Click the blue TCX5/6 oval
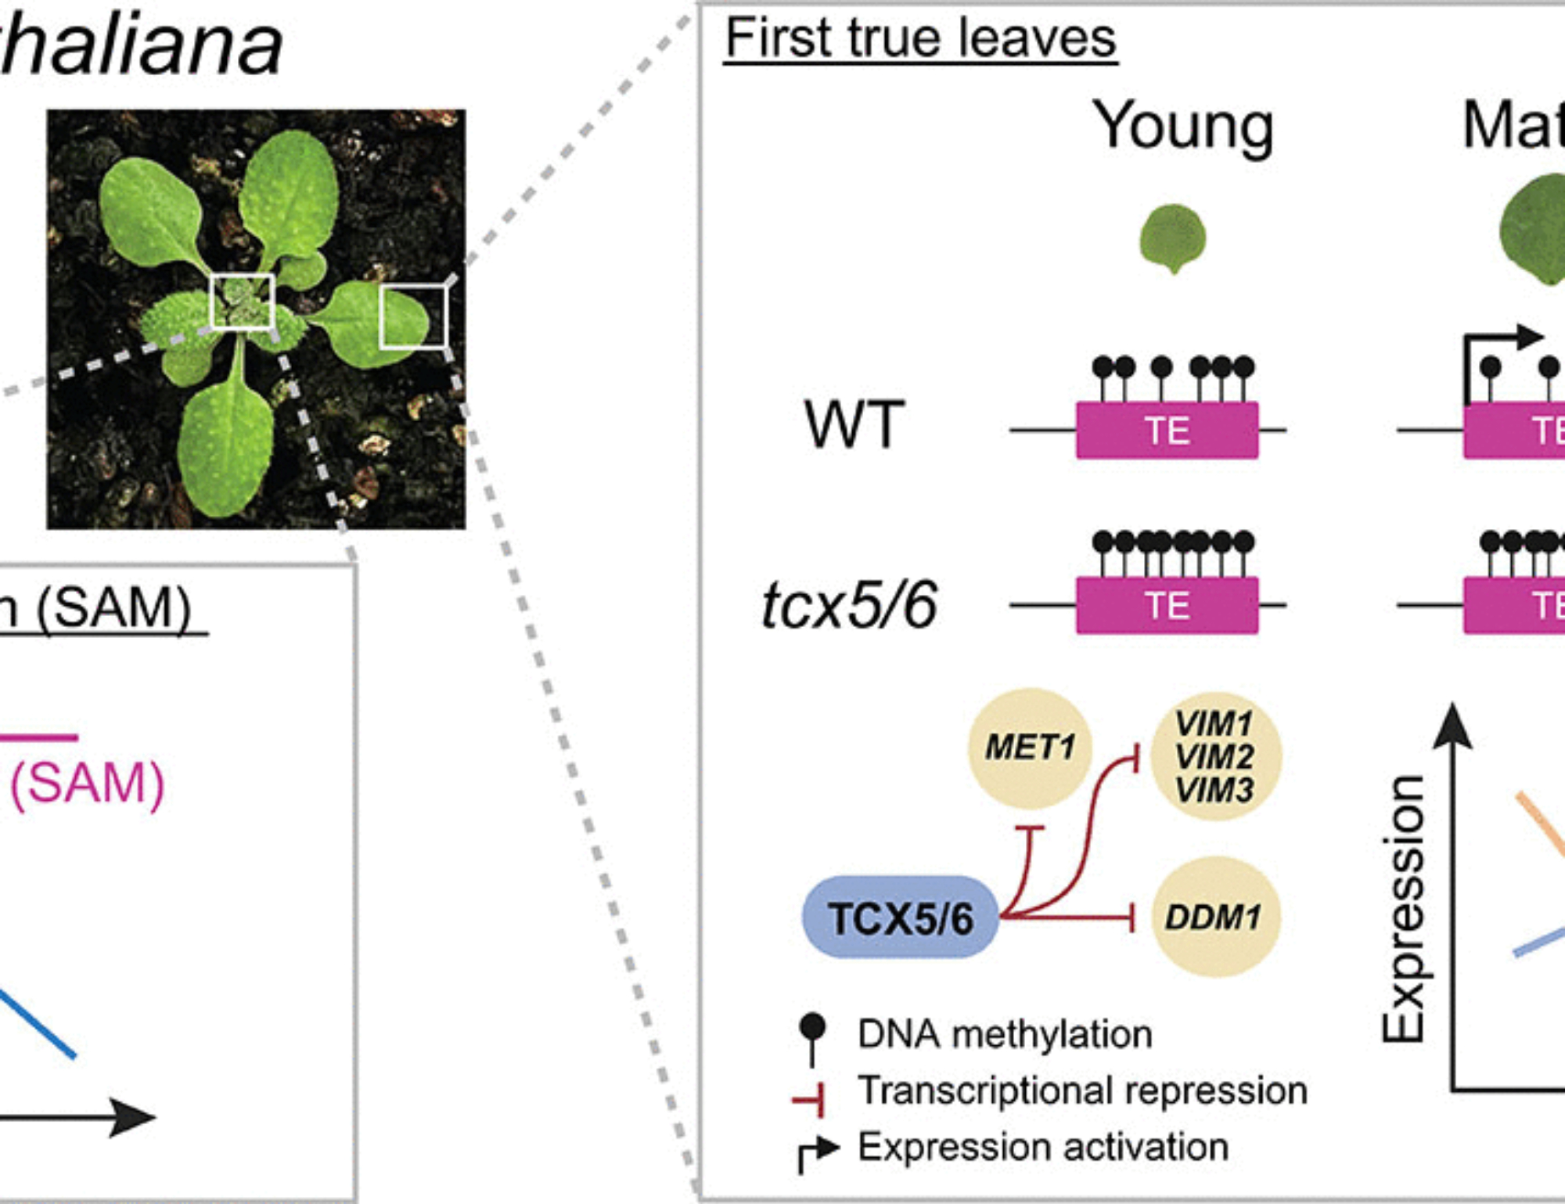pyautogui.click(x=901, y=917)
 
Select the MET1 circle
pyautogui.click(x=1029, y=748)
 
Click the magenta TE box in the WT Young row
pyautogui.click(x=1167, y=430)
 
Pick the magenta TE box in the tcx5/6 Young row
pyautogui.click(x=1167, y=605)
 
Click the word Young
pyautogui.click(x=1183, y=127)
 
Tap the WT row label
pyautogui.click(x=854, y=425)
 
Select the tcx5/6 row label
pyautogui.click(x=850, y=605)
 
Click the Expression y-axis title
pyautogui.click(x=1403, y=908)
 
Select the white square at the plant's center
pyautogui.click(x=242, y=301)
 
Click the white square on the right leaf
pyautogui.click(x=413, y=317)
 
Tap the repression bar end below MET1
pyautogui.click(x=1029, y=828)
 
